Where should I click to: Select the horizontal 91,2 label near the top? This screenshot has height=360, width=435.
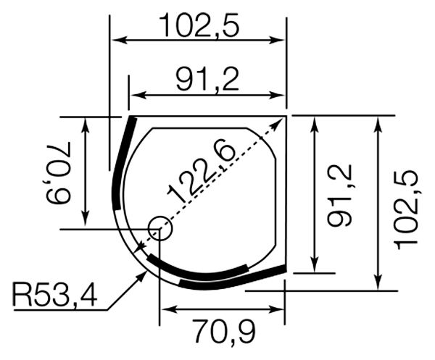pos(207,80)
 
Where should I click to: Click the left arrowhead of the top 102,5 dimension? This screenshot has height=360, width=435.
pos(115,39)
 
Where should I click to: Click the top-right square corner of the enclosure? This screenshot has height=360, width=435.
pos(286,115)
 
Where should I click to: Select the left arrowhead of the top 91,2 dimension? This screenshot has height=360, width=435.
pos(133,95)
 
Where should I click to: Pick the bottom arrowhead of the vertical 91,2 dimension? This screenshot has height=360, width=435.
pos(314,267)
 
